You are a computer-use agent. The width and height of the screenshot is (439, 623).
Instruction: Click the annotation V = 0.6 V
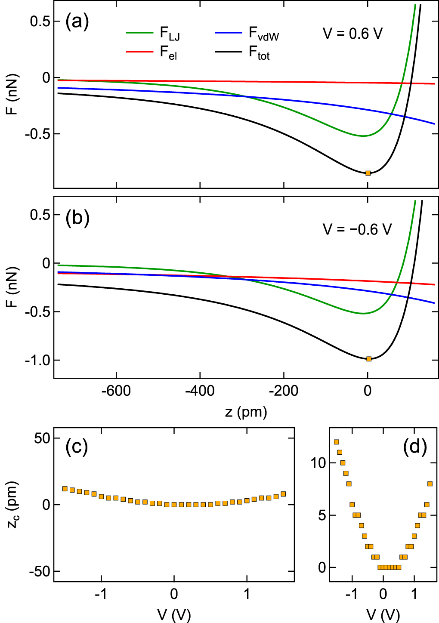pyautogui.click(x=352, y=34)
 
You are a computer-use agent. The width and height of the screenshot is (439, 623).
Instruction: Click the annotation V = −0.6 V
pyautogui.click(x=357, y=229)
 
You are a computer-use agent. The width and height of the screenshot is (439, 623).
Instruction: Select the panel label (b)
pyautogui.click(x=77, y=218)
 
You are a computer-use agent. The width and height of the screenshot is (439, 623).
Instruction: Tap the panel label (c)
pyautogui.click(x=77, y=447)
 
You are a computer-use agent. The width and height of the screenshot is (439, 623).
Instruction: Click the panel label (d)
pyautogui.click(x=415, y=447)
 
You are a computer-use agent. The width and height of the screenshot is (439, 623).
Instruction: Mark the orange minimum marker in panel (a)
pyautogui.click(x=368, y=173)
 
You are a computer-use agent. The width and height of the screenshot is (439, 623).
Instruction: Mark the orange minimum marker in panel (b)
pyautogui.click(x=369, y=359)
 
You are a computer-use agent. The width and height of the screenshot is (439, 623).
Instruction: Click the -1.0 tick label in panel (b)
pyautogui.click(x=37, y=360)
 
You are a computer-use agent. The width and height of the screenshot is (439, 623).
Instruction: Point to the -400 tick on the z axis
pyautogui.click(x=200, y=391)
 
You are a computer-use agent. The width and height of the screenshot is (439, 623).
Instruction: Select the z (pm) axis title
pyautogui.click(x=246, y=412)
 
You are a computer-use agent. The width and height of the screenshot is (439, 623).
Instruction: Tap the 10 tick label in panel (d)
pyautogui.click(x=318, y=463)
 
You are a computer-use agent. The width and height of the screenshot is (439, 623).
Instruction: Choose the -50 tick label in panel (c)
pyautogui.click(x=40, y=572)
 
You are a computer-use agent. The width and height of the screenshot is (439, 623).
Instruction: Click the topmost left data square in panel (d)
pyautogui.click(x=337, y=442)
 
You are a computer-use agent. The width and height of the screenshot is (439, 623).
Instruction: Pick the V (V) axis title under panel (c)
pyautogui.click(x=174, y=615)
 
